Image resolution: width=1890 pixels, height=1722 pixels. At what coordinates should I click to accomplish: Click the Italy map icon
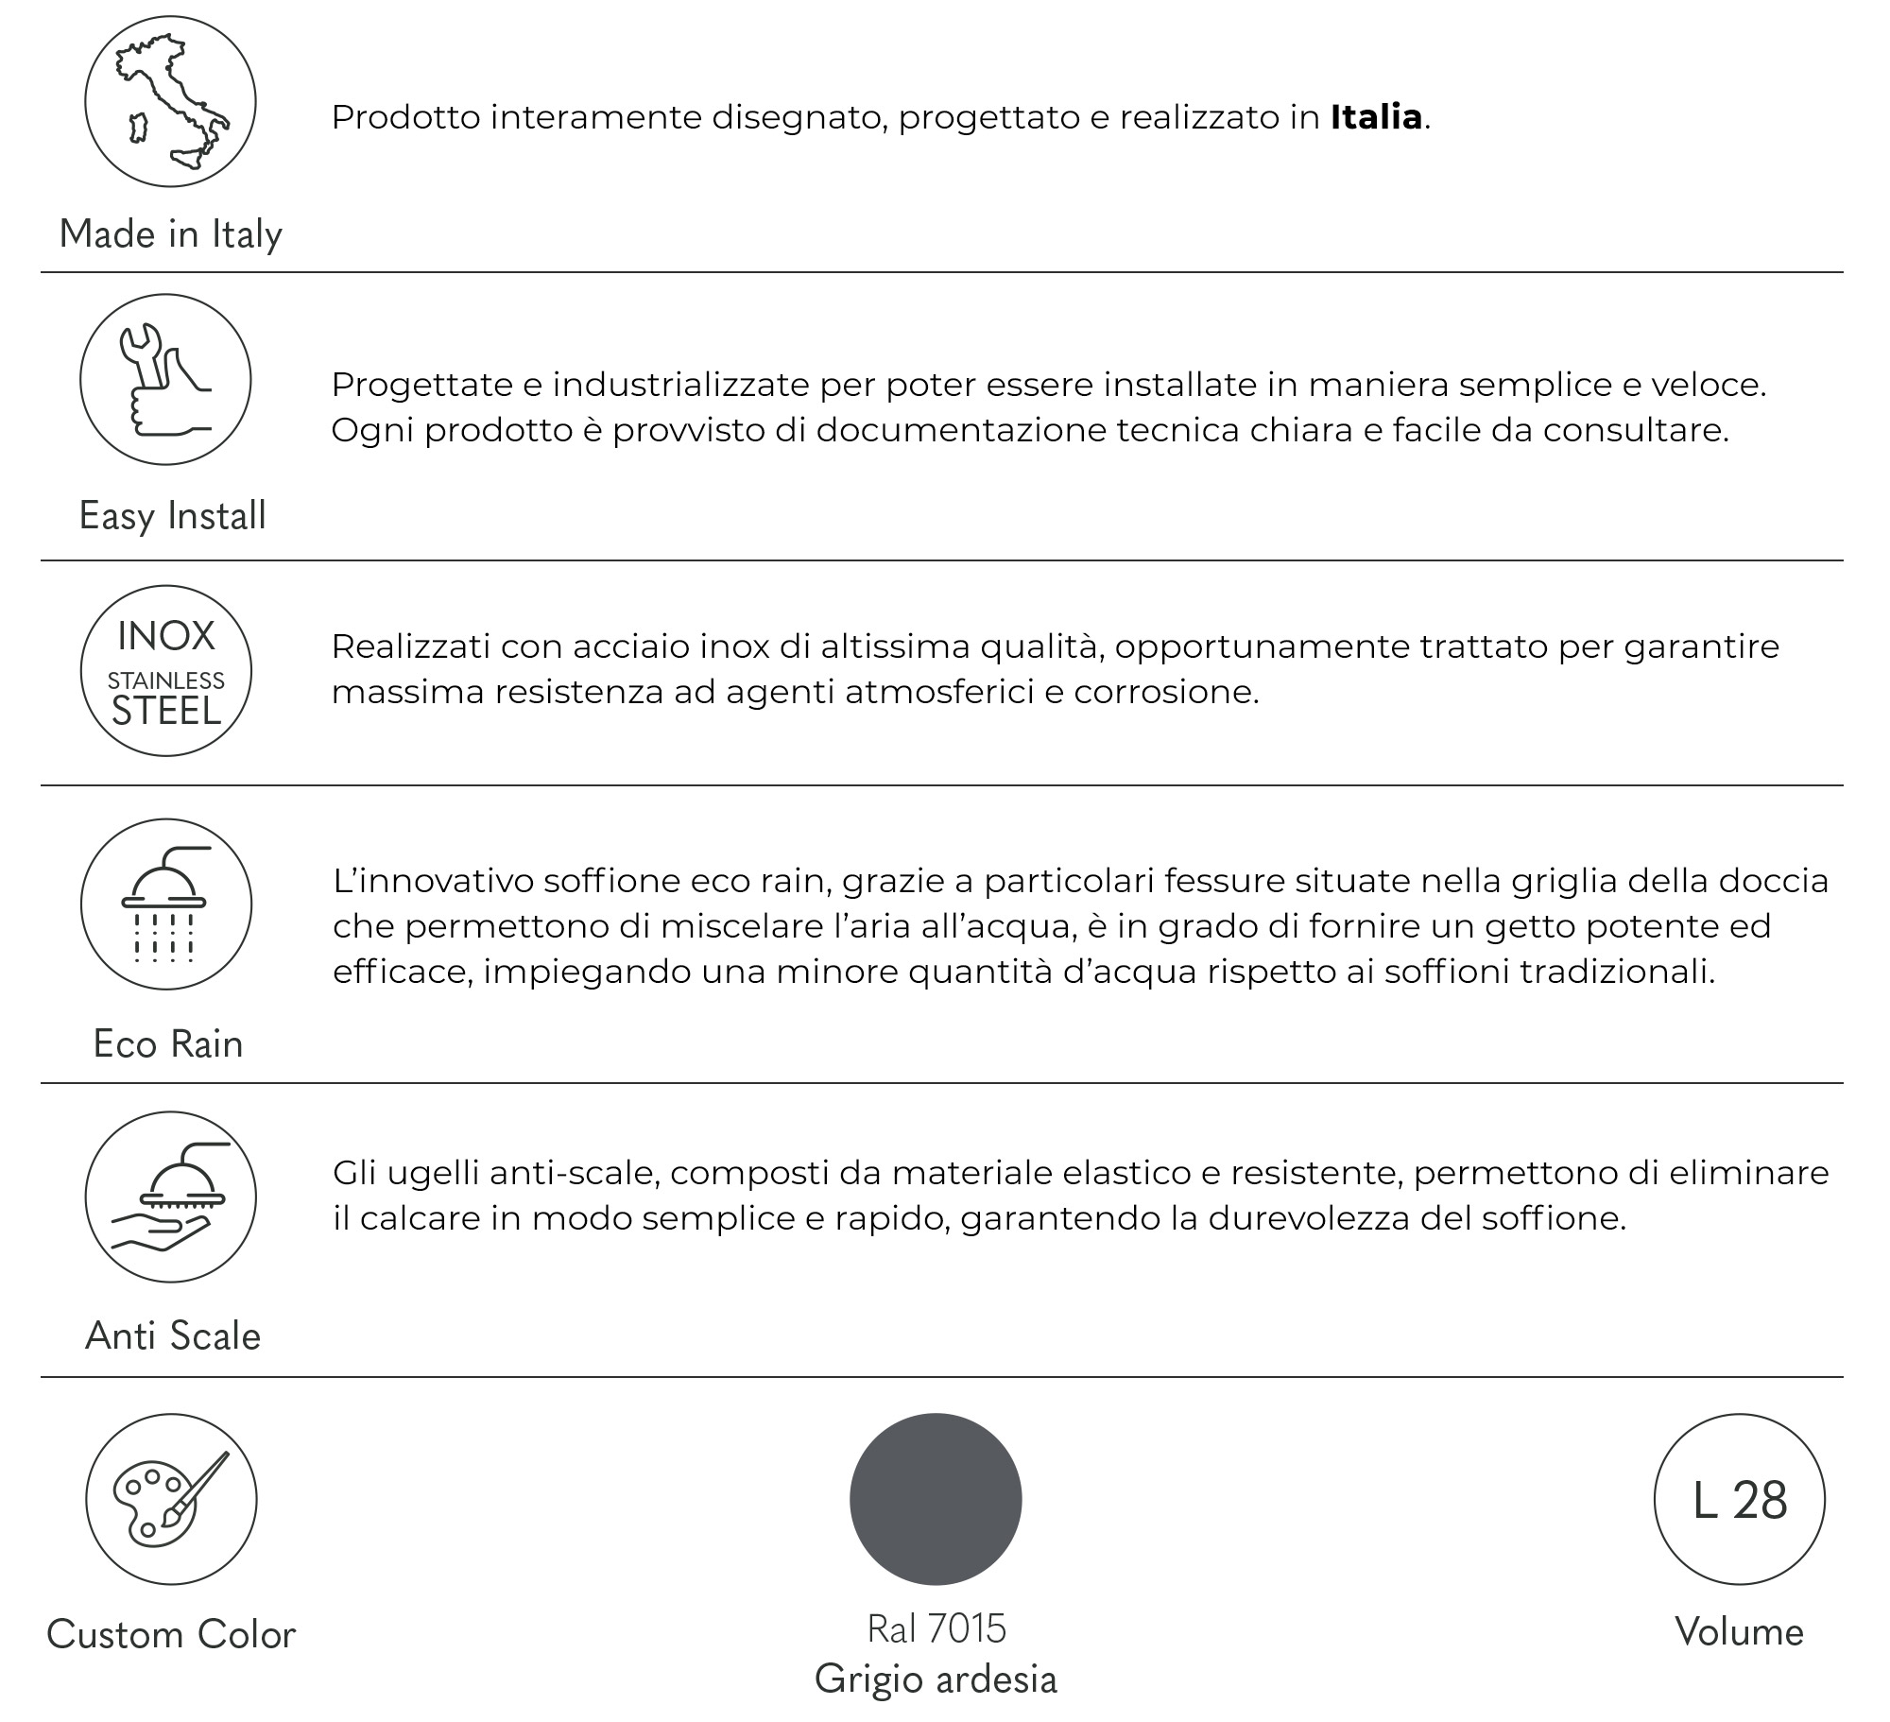click(170, 101)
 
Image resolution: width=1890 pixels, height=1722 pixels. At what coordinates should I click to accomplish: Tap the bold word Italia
click(1375, 117)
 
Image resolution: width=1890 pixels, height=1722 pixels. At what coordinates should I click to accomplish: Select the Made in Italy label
click(170, 233)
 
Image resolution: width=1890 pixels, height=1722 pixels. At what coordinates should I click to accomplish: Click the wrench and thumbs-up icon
click(165, 380)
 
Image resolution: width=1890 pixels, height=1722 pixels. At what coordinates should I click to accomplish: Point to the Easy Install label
click(172, 515)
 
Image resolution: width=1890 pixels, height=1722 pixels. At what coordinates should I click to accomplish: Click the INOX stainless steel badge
click(165, 670)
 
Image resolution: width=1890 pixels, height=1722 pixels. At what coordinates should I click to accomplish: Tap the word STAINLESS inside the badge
click(165, 680)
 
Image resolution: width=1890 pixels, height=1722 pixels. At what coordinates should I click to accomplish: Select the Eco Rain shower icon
click(165, 904)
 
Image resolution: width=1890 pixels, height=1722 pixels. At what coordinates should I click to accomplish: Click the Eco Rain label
click(168, 1043)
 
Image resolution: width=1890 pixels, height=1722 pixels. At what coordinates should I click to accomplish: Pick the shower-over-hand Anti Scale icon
click(170, 1197)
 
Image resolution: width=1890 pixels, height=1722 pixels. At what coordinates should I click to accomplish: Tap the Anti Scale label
click(172, 1335)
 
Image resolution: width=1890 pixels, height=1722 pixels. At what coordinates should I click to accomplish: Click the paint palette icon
click(171, 1499)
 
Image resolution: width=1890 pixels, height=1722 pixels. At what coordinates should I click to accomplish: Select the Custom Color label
click(171, 1634)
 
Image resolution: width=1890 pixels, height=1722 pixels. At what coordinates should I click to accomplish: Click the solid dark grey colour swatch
click(936, 1499)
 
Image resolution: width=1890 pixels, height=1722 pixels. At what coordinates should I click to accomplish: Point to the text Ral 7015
click(936, 1628)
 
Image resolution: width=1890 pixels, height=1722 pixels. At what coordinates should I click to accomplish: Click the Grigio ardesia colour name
click(936, 1679)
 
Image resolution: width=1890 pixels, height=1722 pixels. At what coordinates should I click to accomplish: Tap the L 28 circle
click(1739, 1499)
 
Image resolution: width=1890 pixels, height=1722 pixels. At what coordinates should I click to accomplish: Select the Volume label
click(1739, 1632)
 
